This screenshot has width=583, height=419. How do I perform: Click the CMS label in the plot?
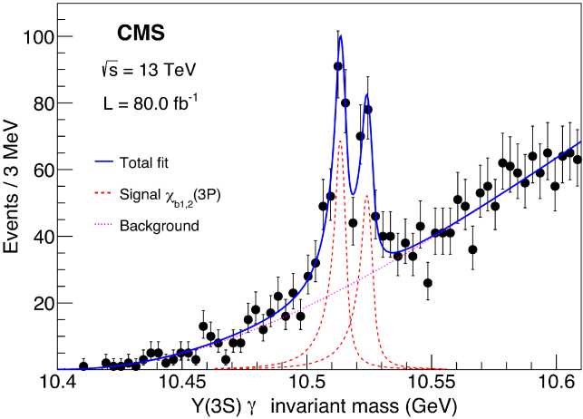pos(142,34)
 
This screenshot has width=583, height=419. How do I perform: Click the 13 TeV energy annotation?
pos(150,70)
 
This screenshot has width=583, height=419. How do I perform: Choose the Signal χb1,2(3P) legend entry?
pos(167,195)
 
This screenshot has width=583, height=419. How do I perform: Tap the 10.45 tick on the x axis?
pos(180,384)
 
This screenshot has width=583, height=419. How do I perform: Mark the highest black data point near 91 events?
pos(337,66)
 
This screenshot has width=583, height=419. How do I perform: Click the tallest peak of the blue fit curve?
pos(340,36)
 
